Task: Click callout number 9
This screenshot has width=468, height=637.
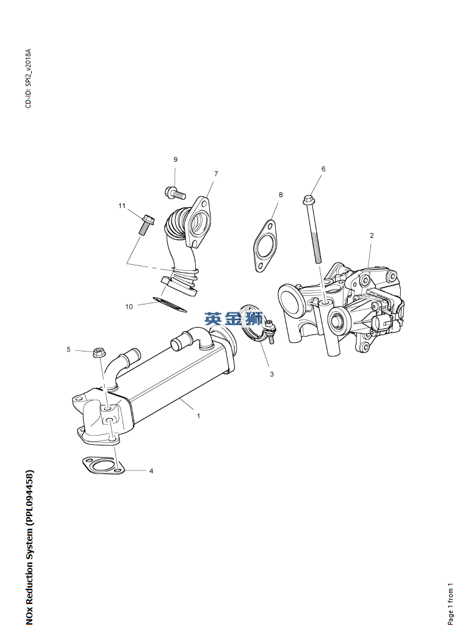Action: click(176, 159)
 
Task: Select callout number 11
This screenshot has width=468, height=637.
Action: click(122, 206)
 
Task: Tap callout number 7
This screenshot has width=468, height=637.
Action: click(216, 173)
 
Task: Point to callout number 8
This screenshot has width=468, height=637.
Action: click(281, 195)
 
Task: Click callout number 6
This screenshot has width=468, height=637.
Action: click(323, 168)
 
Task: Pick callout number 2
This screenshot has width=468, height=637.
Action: click(372, 236)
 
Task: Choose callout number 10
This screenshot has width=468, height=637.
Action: click(129, 307)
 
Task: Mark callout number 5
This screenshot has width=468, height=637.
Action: click(69, 350)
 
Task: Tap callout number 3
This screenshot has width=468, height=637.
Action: click(272, 374)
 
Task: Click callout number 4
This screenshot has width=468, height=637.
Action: click(151, 471)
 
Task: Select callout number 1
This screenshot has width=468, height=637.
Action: click(198, 416)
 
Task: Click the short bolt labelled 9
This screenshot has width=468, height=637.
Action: click(175, 192)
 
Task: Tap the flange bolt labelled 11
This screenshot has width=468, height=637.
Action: click(145, 225)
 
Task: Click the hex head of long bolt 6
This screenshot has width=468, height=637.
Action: click(308, 200)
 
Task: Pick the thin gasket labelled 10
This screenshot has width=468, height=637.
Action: click(170, 304)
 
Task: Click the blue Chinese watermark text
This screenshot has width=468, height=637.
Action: click(234, 319)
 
